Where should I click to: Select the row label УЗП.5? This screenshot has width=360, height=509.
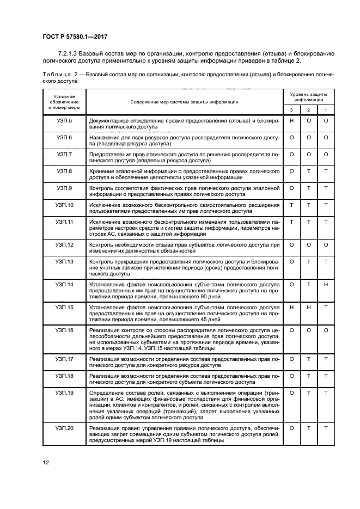click(x=64, y=120)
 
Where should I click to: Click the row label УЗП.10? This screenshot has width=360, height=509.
click(x=64, y=205)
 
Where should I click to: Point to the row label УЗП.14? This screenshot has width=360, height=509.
click(x=64, y=284)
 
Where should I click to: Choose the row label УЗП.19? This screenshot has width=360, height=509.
click(x=64, y=393)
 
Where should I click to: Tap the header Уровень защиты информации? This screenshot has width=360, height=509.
click(x=308, y=97)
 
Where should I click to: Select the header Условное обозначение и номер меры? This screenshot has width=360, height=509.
click(x=64, y=102)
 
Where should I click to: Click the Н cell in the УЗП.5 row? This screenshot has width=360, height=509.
click(x=292, y=120)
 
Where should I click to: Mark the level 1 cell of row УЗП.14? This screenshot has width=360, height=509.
click(x=326, y=284)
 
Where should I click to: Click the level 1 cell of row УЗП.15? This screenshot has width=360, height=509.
click(x=326, y=308)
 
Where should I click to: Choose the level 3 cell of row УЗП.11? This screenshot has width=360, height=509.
click(x=292, y=222)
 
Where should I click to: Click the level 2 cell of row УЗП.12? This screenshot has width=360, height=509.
click(x=309, y=245)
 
